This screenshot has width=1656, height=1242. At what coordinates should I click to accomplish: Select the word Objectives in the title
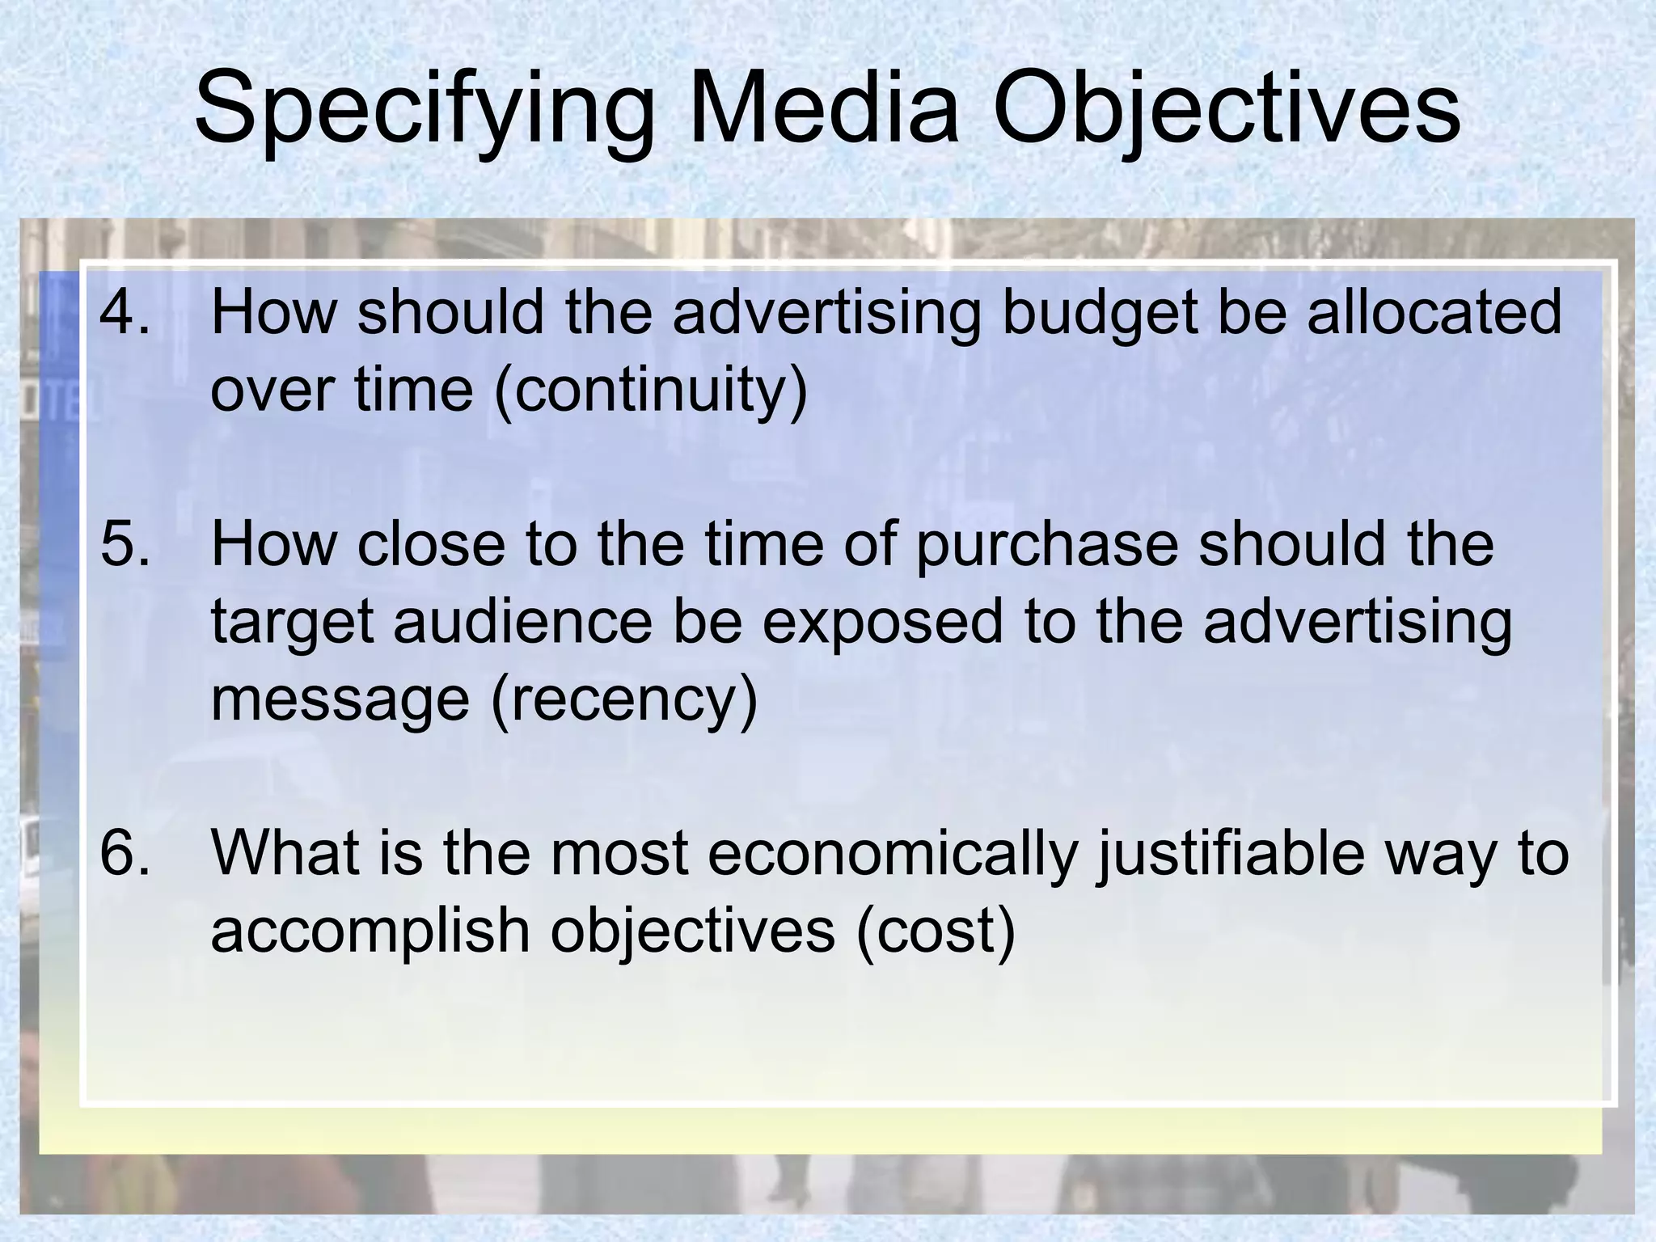point(1226,109)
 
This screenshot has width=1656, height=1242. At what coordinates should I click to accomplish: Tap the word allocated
point(1434,314)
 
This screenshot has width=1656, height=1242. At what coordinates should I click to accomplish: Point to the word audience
point(522,623)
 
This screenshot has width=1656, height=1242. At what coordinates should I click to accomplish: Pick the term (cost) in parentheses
point(935,932)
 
